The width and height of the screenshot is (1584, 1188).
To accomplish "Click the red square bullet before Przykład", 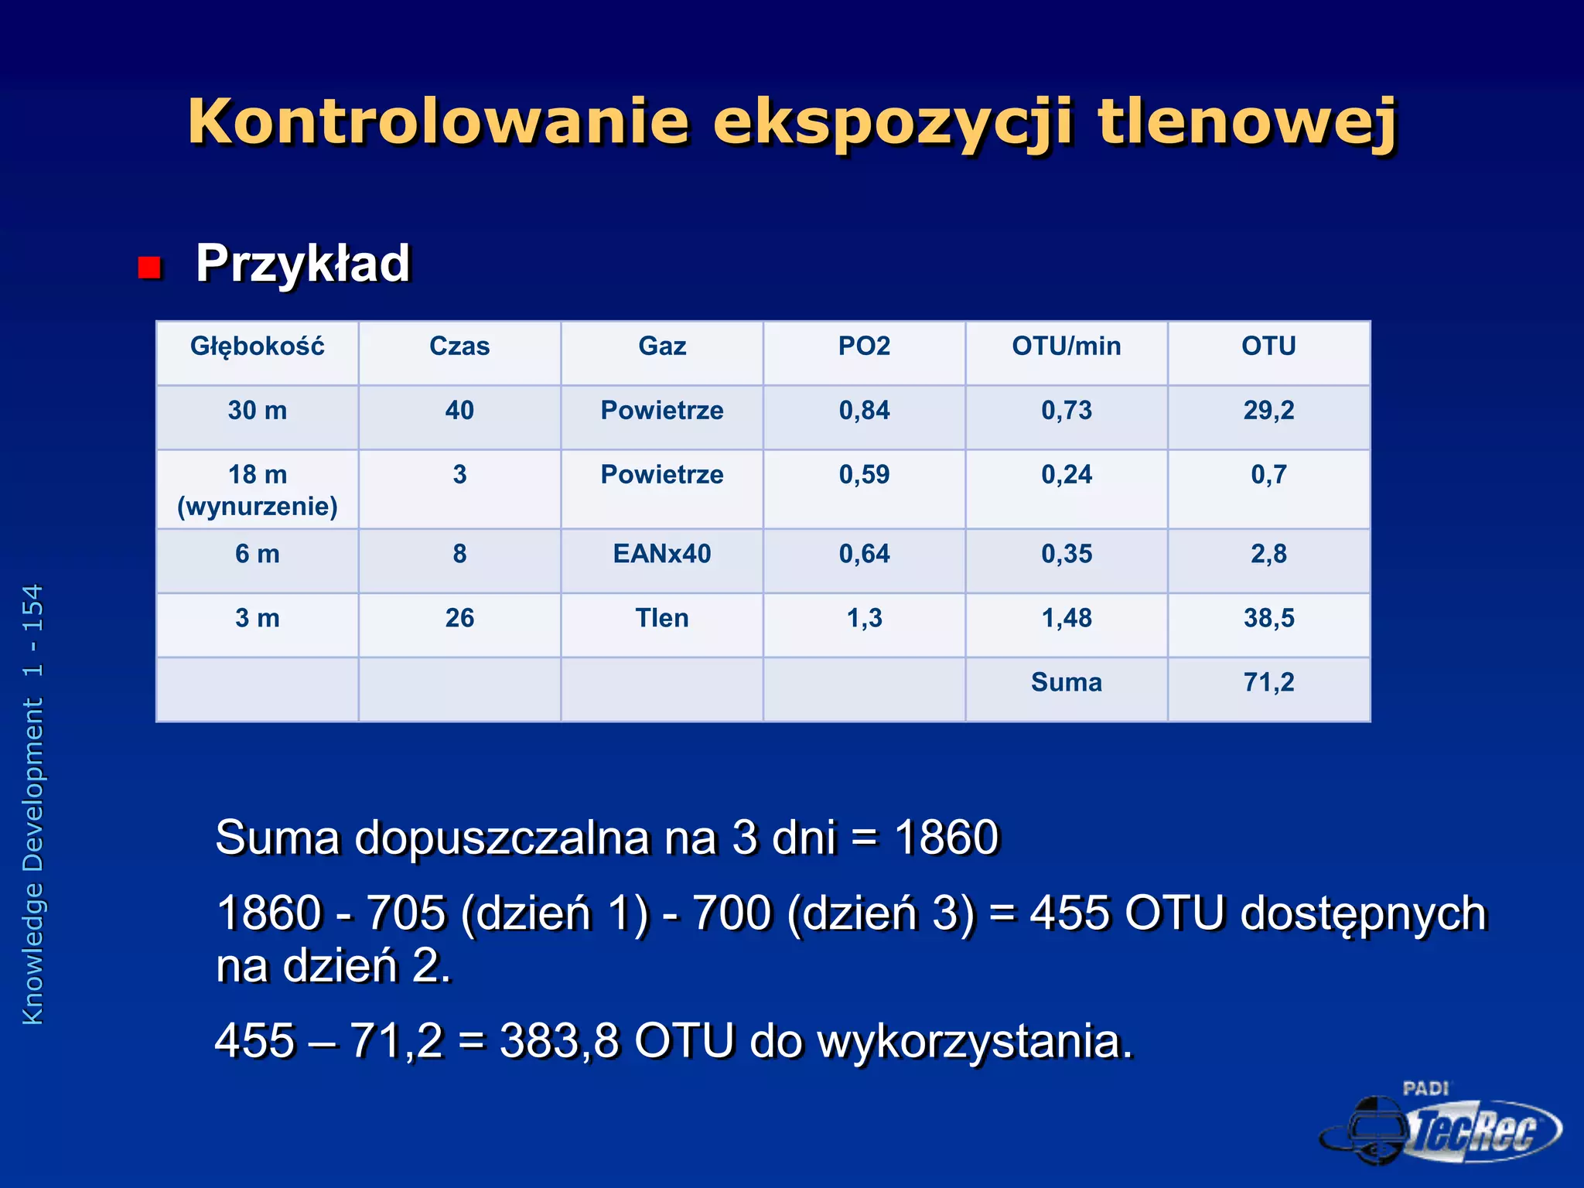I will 149,268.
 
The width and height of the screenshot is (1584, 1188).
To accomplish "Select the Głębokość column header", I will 258,346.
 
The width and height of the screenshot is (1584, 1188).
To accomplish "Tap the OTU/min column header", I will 1067,346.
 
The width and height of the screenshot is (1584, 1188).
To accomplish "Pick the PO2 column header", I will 864,346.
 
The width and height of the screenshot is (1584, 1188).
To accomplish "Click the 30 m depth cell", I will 258,410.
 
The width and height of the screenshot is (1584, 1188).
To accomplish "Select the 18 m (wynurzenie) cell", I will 258,490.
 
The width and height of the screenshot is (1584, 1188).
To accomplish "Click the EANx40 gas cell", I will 662,554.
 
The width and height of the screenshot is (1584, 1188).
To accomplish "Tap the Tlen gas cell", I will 662,618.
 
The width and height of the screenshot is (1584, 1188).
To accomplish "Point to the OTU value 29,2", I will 1268,410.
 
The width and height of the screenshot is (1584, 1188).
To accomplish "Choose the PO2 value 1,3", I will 864,618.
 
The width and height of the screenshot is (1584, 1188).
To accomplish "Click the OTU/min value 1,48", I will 1067,618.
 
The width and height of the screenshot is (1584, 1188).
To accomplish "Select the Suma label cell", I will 1067,682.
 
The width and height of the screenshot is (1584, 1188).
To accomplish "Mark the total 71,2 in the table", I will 1268,682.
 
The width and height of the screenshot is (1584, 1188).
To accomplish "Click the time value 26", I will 459,618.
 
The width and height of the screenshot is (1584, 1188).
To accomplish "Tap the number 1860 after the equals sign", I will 947,838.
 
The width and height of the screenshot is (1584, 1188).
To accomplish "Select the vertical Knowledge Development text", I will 33,804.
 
